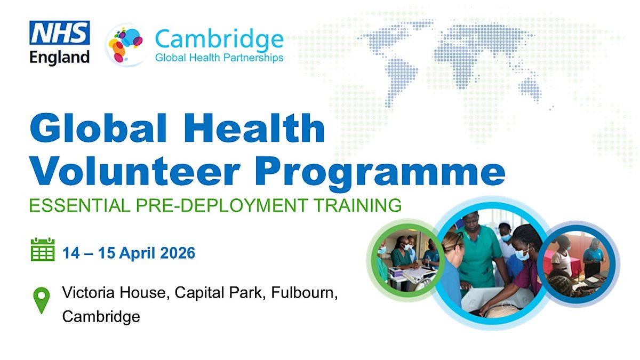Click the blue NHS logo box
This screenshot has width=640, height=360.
(59, 33)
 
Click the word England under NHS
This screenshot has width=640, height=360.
(59, 58)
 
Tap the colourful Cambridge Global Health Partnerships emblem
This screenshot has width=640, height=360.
(126, 45)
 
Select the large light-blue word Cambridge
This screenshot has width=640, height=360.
(219, 39)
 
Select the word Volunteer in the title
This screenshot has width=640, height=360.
(134, 171)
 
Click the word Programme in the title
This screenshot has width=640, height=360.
(380, 174)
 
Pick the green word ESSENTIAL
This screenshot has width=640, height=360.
(79, 205)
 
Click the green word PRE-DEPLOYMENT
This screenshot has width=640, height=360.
(222, 205)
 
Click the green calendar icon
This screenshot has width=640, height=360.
(43, 249)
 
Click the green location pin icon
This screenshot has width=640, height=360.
(42, 300)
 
